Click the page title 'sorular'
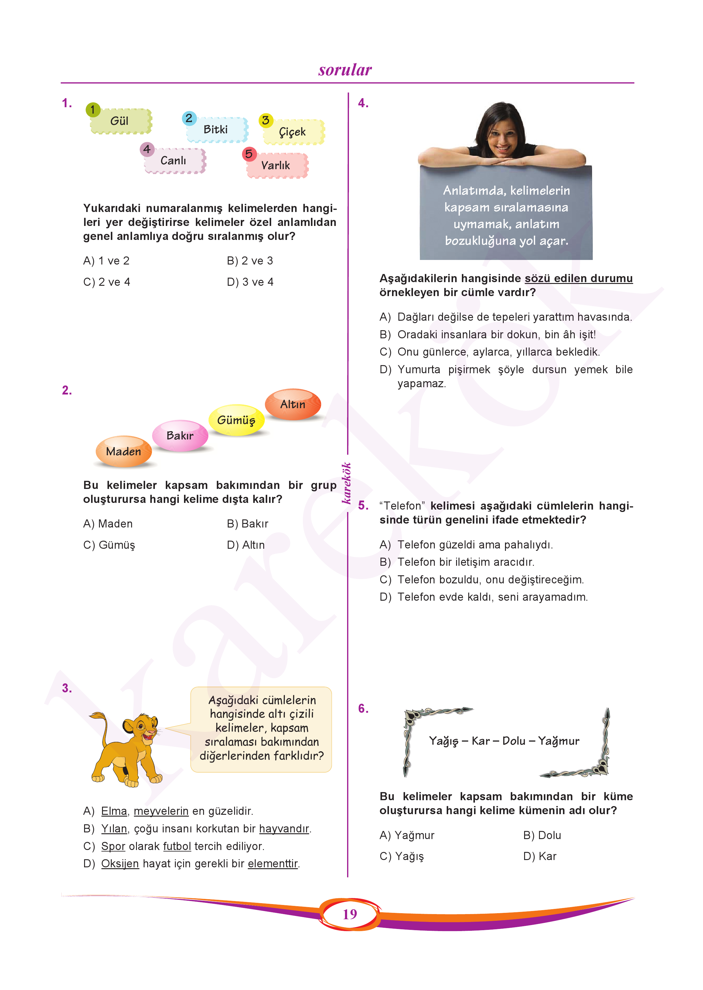pos(345,70)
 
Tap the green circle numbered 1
pos(93,110)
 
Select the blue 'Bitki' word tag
pos(217,129)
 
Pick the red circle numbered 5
pos(249,154)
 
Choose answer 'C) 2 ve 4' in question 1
pos(107,282)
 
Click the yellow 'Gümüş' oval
pos(236,420)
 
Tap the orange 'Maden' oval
pos(124,452)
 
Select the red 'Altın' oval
pos(293,404)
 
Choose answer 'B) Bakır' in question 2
pos(247,524)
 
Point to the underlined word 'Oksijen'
pos(120,864)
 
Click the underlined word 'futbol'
pos(177,846)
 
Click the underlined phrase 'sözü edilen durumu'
pos(578,278)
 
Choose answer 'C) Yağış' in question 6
pos(402,856)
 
